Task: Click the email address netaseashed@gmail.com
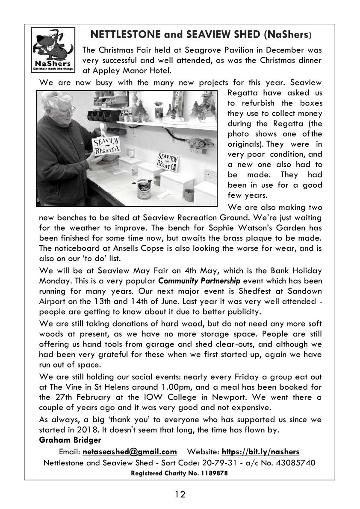(130, 452)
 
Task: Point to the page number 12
(180, 494)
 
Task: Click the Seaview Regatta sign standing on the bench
(168, 162)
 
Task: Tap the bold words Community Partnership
(199, 281)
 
